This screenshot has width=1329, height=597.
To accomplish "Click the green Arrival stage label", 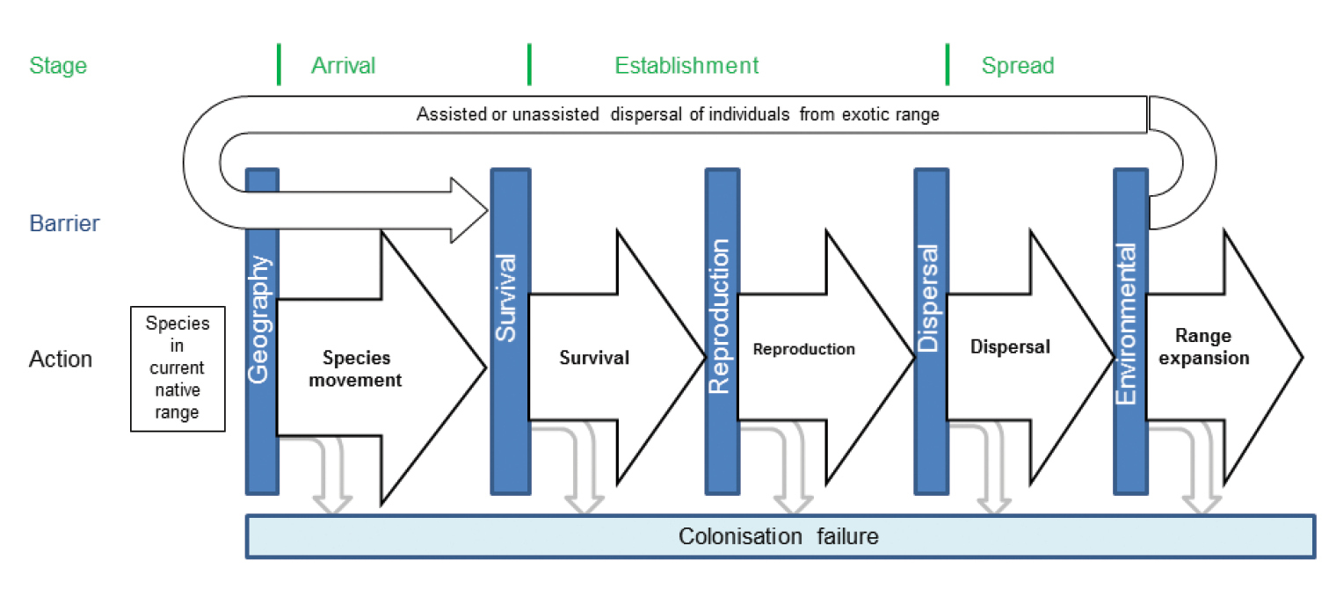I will (343, 66).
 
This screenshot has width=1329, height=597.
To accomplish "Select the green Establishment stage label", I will (686, 66).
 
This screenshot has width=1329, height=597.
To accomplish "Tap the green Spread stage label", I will (1017, 66).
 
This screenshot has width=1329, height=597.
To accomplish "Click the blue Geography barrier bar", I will (262, 331).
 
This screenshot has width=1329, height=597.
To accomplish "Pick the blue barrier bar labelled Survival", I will (510, 331).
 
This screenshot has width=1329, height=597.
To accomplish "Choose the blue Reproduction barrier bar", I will (722, 331).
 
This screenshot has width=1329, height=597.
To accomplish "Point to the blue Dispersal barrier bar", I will (931, 331).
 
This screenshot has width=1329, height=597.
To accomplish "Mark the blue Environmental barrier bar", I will (1130, 331).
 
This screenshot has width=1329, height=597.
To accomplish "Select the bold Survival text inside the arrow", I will (594, 358).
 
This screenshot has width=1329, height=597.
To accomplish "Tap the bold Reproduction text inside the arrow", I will (803, 349).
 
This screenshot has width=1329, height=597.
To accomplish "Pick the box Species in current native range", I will (178, 368).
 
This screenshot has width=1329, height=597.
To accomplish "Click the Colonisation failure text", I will (778, 536).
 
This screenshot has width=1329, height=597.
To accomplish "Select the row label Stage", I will (58, 66).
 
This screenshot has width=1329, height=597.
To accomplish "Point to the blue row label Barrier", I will (65, 223).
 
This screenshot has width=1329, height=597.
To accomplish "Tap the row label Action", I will (61, 359).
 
